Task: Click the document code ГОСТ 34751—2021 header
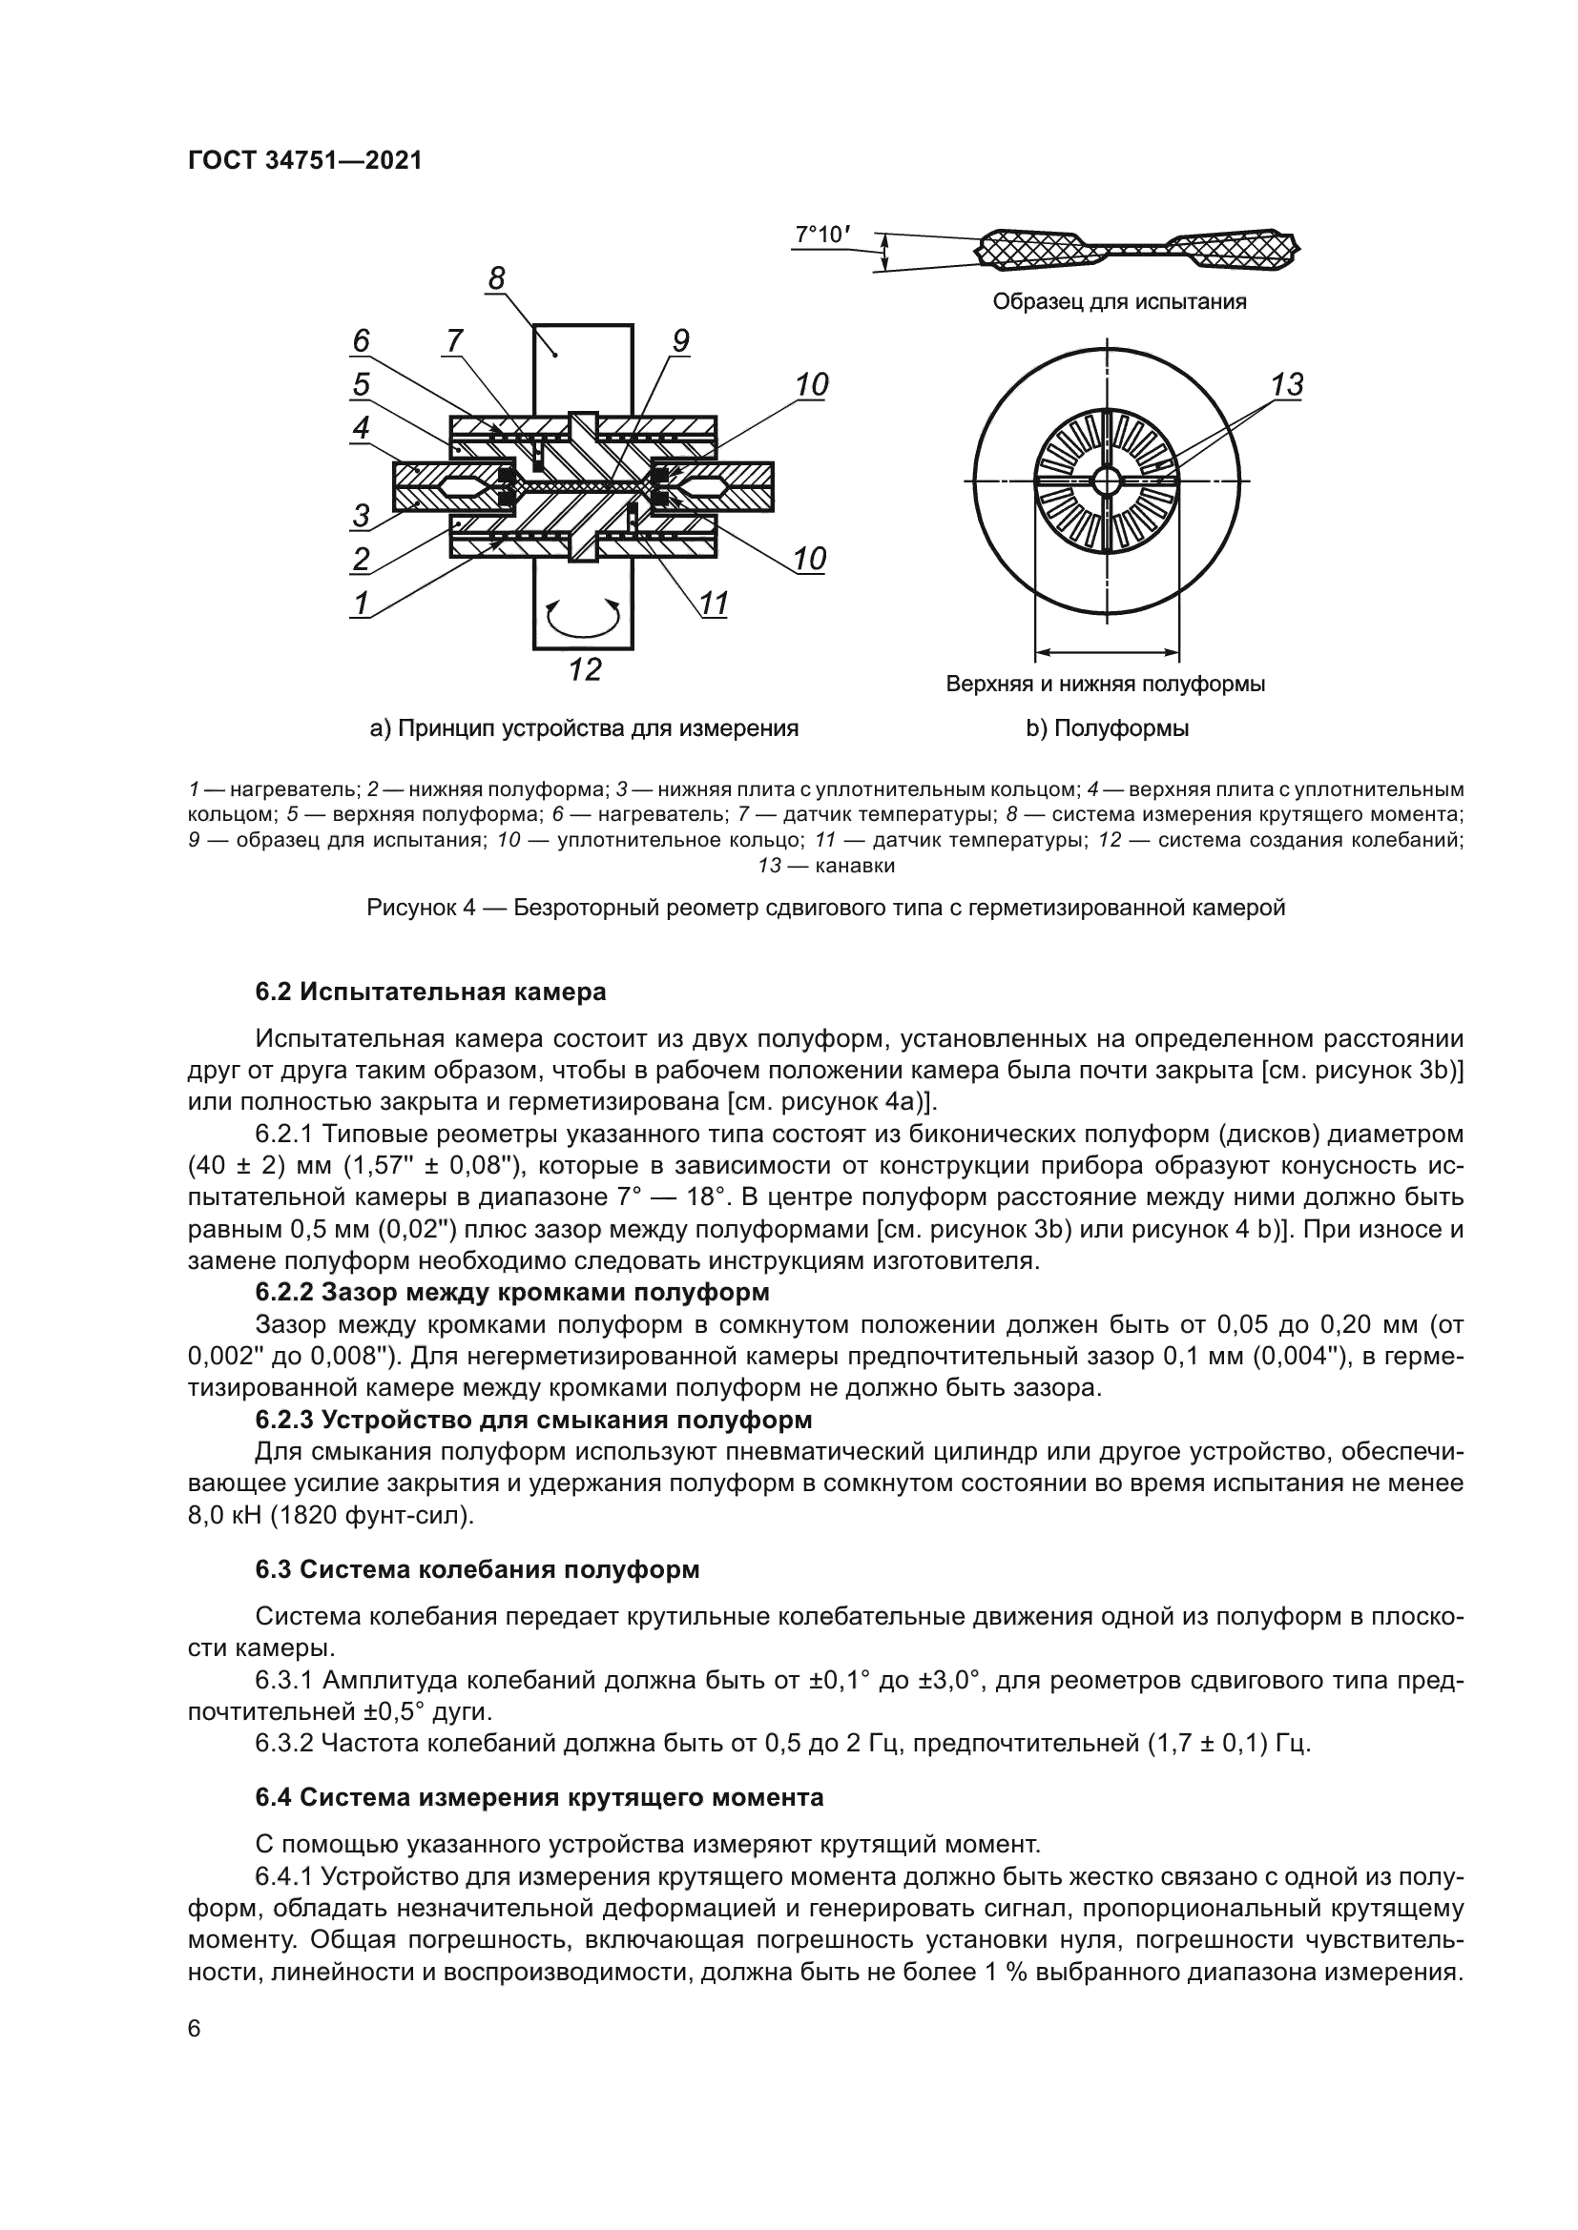[304, 161]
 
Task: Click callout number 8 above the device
[496, 279]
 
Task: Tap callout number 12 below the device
[585, 669]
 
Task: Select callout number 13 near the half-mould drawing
[1286, 384]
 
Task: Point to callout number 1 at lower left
[361, 604]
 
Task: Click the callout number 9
[680, 340]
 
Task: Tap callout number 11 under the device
[715, 604]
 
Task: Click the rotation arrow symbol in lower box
[583, 615]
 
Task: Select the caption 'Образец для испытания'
[1119, 302]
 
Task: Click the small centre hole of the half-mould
[1107, 480]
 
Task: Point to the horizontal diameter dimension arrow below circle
[1107, 652]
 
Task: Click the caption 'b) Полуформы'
[1107, 728]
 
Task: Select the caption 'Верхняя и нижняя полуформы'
[1106, 684]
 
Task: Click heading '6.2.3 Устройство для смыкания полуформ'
[533, 1420]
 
